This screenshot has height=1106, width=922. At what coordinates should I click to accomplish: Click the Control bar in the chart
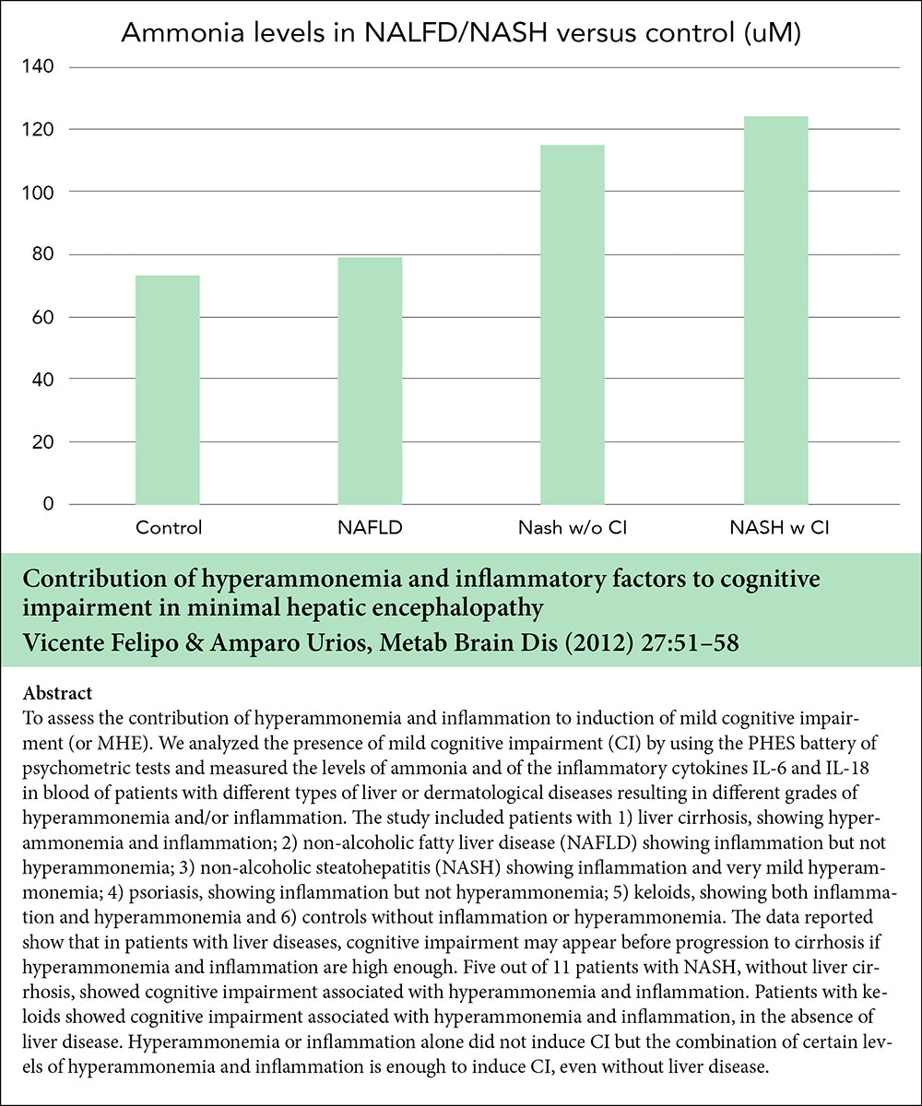point(167,389)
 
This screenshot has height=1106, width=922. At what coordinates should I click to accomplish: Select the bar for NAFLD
point(370,380)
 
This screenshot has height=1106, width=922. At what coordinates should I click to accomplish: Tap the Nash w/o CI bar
point(573,324)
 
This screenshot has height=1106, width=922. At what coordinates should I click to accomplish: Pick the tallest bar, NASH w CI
point(775,310)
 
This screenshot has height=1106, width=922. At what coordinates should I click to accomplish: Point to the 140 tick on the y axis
point(40,67)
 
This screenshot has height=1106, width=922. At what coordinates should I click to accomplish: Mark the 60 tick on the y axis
point(43,317)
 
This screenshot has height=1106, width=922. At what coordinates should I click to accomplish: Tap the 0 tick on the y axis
point(48,505)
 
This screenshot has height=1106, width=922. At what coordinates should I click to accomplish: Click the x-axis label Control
point(169,529)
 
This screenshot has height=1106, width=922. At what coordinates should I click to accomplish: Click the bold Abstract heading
point(57,693)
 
